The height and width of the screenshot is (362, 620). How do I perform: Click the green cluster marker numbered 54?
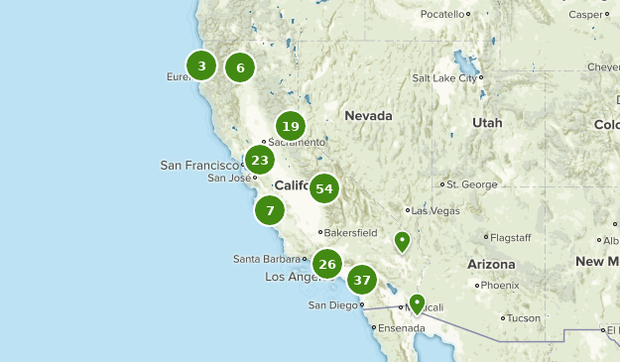pyautogui.click(x=323, y=188)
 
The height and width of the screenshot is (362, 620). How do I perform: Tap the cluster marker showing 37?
pyautogui.click(x=362, y=280)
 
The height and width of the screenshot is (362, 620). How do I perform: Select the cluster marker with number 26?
pyautogui.click(x=327, y=264)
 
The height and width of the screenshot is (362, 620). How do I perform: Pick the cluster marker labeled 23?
pyautogui.click(x=260, y=160)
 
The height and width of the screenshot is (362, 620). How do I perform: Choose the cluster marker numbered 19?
pyautogui.click(x=290, y=126)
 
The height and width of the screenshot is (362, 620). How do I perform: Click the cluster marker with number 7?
pyautogui.click(x=270, y=210)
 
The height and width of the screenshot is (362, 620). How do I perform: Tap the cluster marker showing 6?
pyautogui.click(x=240, y=67)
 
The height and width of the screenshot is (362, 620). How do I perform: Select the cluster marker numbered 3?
pyautogui.click(x=201, y=66)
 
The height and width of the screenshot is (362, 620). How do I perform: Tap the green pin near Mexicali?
pyautogui.click(x=417, y=303)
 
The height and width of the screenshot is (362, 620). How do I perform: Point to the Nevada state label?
pyautogui.click(x=368, y=116)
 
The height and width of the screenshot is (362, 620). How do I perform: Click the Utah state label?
pyautogui.click(x=487, y=123)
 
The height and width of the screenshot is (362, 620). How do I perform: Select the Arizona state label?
pyautogui.click(x=491, y=265)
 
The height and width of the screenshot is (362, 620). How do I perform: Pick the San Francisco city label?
pyautogui.click(x=199, y=165)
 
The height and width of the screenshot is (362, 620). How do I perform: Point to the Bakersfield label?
pyautogui.click(x=351, y=233)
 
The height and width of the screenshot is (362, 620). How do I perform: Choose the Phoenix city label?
pyautogui.click(x=500, y=286)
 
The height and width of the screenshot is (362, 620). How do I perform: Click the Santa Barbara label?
pyautogui.click(x=266, y=259)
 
